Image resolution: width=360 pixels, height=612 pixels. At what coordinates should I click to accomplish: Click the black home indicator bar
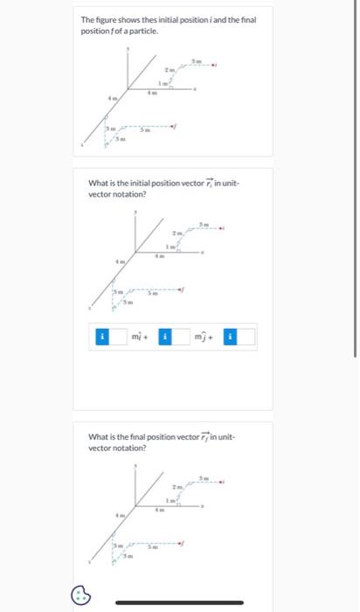click(x=179, y=602)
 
